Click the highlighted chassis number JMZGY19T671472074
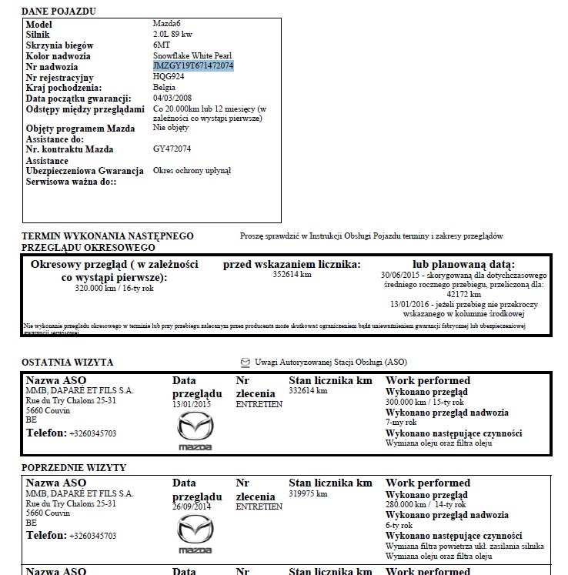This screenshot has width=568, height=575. pyautogui.click(x=193, y=66)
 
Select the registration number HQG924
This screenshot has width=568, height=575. pyautogui.click(x=169, y=77)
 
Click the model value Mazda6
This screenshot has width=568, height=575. pyautogui.click(x=167, y=25)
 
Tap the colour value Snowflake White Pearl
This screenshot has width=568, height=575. pyautogui.click(x=192, y=56)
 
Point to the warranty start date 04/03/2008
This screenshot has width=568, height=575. pyautogui.click(x=172, y=99)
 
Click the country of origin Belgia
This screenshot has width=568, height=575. pyautogui.click(x=165, y=88)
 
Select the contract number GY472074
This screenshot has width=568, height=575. pyautogui.click(x=172, y=149)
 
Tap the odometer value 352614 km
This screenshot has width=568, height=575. pyautogui.click(x=292, y=275)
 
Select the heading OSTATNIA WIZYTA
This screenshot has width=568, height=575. pyautogui.click(x=68, y=362)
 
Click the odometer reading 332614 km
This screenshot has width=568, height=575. pyautogui.click(x=308, y=391)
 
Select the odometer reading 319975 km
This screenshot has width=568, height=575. pyautogui.click(x=308, y=493)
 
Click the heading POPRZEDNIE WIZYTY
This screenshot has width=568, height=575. pyautogui.click(x=74, y=468)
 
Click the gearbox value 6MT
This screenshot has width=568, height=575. pyautogui.click(x=161, y=45)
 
